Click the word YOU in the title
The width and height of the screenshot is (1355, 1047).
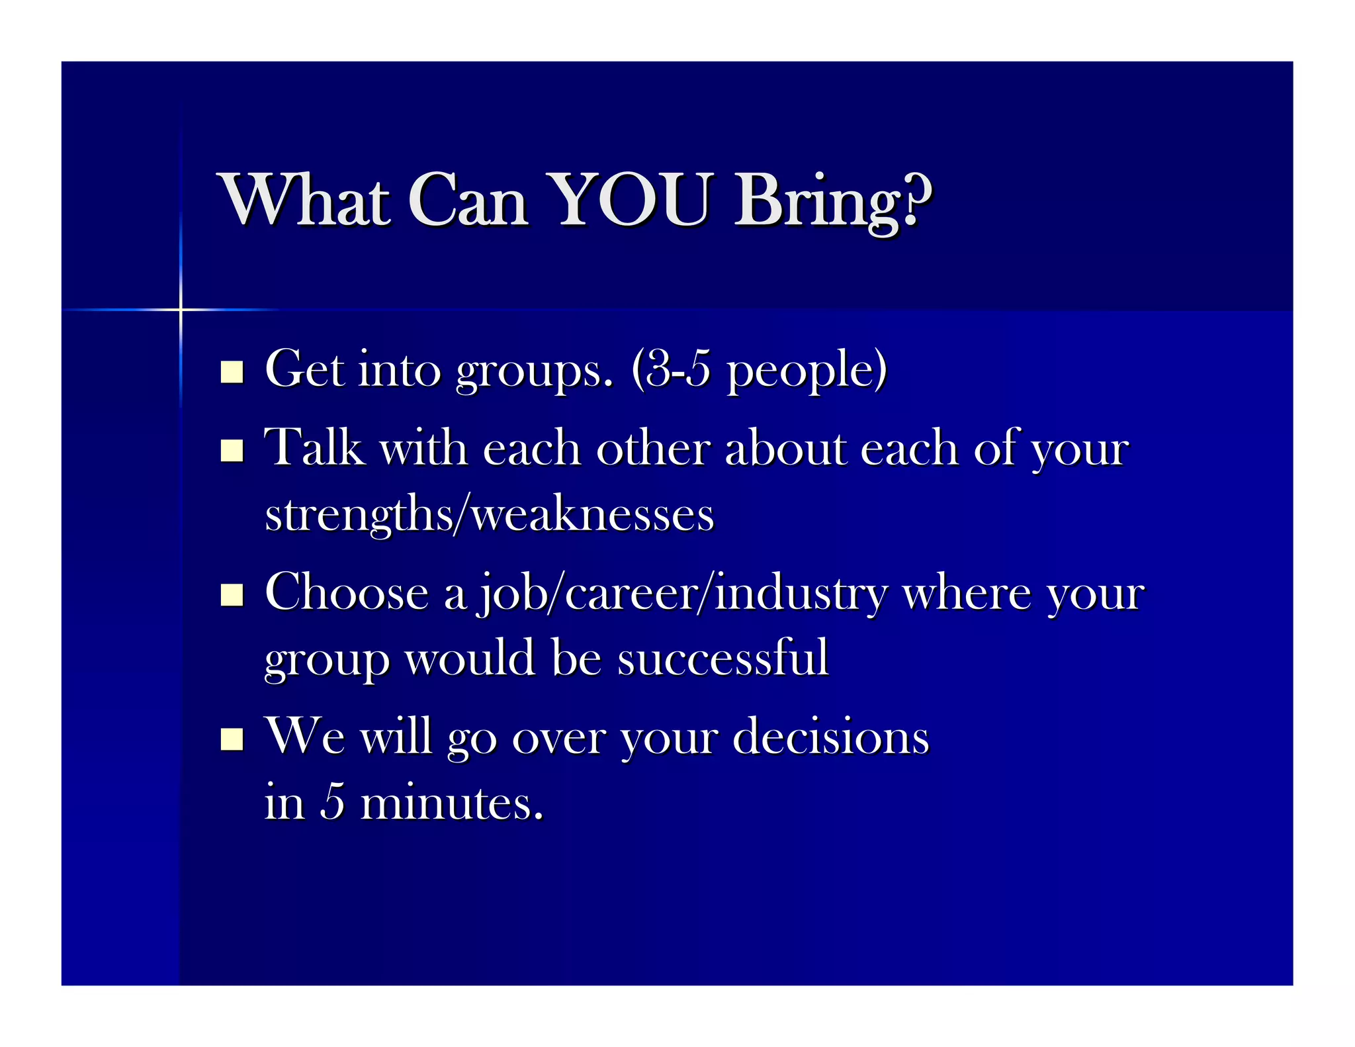click(x=631, y=200)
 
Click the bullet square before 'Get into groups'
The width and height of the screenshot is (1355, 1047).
click(x=232, y=372)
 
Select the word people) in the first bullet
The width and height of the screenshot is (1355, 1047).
click(x=807, y=371)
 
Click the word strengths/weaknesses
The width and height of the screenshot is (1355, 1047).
click(x=490, y=515)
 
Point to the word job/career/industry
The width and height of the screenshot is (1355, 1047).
click(x=681, y=593)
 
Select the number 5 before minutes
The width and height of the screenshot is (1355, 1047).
click(x=333, y=802)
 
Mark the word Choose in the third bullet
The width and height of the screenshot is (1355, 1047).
click(x=346, y=592)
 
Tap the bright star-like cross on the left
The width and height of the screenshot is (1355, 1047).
click(x=180, y=309)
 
